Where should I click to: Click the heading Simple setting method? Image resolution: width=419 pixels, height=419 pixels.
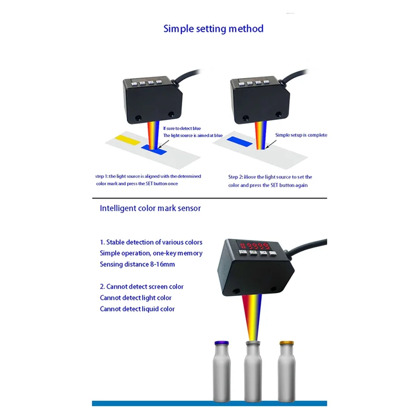click(213, 28)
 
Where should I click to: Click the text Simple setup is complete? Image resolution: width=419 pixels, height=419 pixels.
click(301, 135)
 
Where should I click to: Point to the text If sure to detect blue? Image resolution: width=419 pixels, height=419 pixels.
click(182, 128)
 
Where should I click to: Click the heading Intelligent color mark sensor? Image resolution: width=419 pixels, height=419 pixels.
click(150, 208)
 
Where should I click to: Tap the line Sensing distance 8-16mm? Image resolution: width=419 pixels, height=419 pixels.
click(137, 264)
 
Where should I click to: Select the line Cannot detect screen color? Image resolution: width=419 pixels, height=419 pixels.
click(141, 286)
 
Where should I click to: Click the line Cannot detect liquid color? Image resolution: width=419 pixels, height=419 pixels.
click(137, 309)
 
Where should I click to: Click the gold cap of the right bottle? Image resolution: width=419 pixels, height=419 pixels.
click(285, 343)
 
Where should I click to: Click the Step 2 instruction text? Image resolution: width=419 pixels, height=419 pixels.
click(270, 181)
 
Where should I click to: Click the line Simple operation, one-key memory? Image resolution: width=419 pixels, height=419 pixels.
click(151, 253)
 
